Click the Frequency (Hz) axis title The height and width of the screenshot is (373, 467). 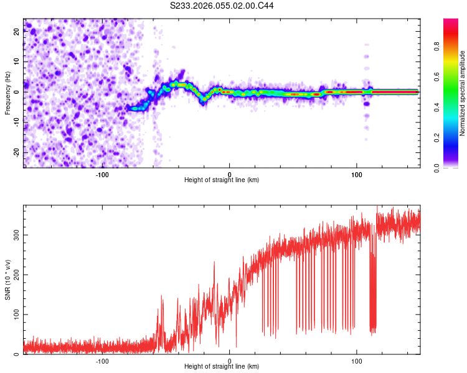7,93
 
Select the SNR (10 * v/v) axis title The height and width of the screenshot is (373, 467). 7,280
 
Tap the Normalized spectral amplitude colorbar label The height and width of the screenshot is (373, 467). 463,93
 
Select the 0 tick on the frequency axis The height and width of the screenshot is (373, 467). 17,92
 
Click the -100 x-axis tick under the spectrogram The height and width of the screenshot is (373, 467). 102,174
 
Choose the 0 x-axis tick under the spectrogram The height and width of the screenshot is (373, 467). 229,174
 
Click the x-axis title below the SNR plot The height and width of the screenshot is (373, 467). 222,368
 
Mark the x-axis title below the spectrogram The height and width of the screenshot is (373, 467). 222,181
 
